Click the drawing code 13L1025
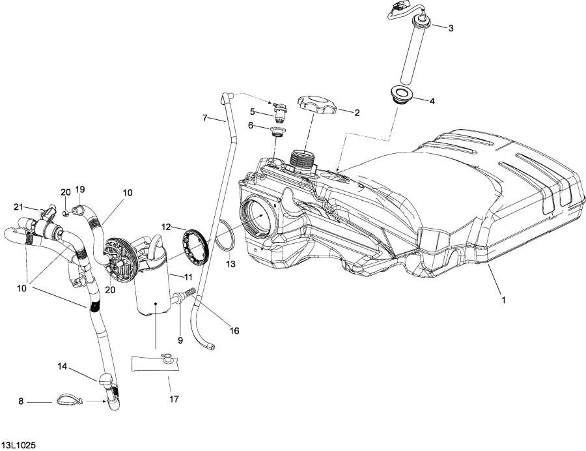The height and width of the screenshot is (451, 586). (x=18, y=444)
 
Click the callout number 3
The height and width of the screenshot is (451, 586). (x=450, y=28)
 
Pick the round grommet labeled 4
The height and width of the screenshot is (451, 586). (x=402, y=95)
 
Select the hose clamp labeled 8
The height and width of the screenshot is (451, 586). (x=68, y=400)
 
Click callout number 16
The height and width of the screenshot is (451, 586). (x=234, y=331)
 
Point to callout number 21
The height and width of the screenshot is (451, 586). (x=19, y=207)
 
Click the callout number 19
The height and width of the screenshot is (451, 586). (x=79, y=190)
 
